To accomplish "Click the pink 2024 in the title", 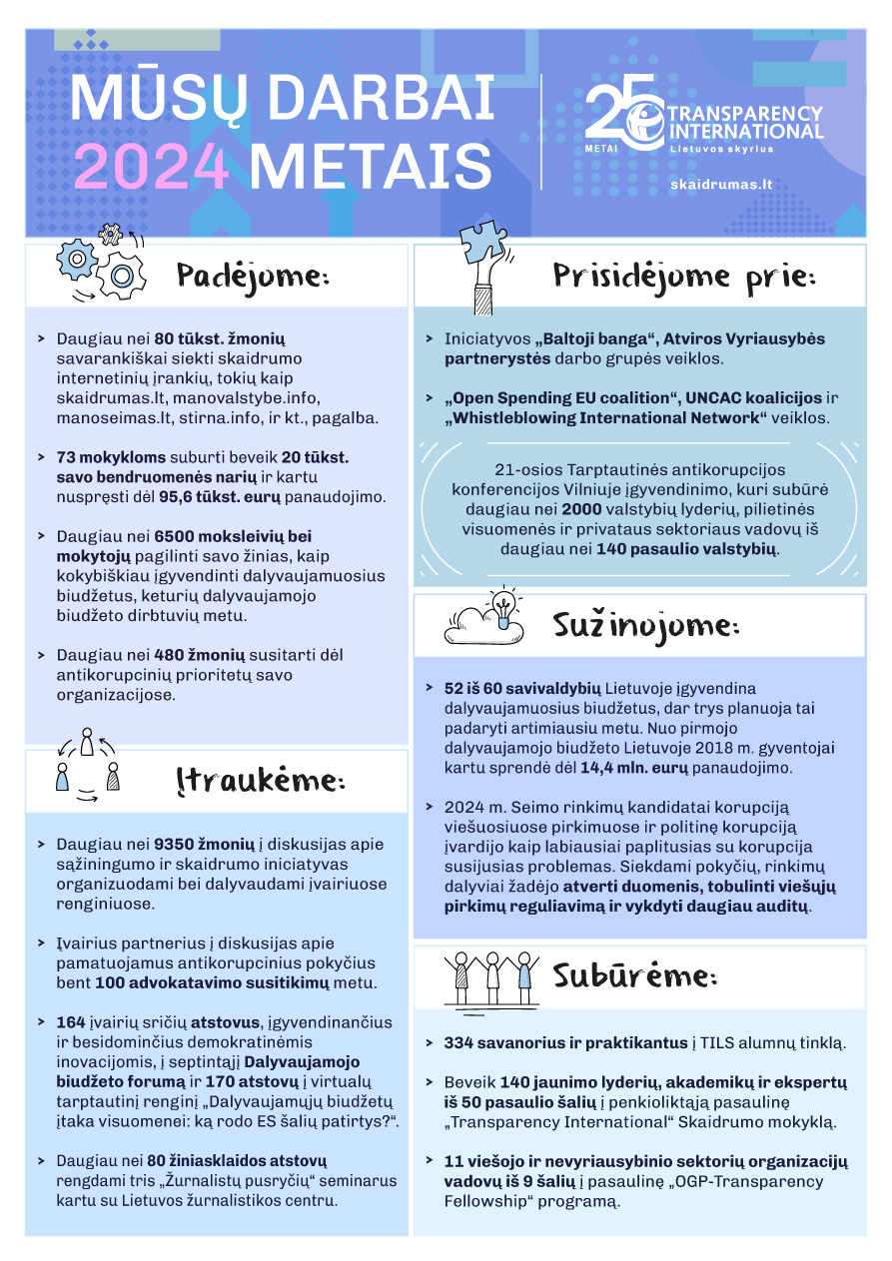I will click(152, 165).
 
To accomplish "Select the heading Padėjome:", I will click(253, 275).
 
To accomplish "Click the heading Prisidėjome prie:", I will click(684, 277).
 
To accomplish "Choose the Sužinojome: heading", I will click(645, 626).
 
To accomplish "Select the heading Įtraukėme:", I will click(260, 781).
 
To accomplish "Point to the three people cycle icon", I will click(87, 766).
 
